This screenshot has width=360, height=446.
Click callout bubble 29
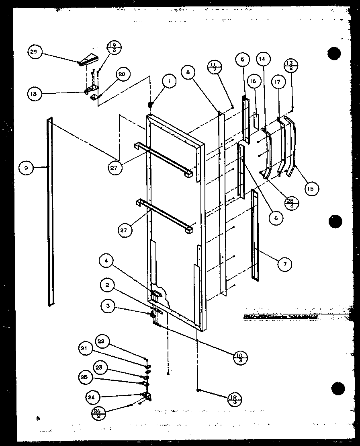pos(34,52)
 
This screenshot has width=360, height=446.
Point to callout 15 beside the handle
pos(311,188)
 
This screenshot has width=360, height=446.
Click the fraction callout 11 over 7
pos(215,67)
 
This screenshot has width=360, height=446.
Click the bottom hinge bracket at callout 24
pos(147,397)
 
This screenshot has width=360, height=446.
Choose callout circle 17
pos(278,82)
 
